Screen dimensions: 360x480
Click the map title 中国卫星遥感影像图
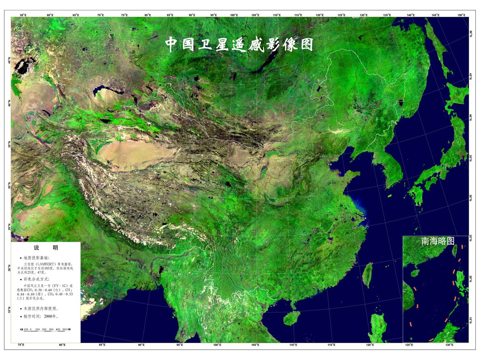click(x=239, y=44)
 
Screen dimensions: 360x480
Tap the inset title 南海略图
click(x=437, y=241)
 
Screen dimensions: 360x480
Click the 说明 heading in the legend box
click(x=46, y=248)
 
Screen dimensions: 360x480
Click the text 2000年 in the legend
click(x=51, y=316)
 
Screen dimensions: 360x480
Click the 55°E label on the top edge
click(x=23, y=15)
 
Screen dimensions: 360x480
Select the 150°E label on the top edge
click(x=461, y=15)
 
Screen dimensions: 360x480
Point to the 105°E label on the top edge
click(x=255, y=15)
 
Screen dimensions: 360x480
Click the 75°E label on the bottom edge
click(x=21, y=345)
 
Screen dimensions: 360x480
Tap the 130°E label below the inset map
click(x=449, y=345)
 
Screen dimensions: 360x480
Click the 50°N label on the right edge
click(x=471, y=34)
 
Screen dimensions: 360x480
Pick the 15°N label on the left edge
click(x=9, y=310)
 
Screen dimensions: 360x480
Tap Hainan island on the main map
click(x=291, y=318)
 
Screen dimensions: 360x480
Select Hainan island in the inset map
click(x=415, y=273)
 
